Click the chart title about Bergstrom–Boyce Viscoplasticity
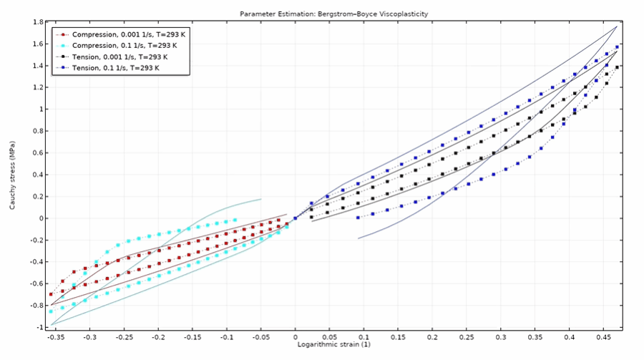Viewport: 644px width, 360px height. pos(333,14)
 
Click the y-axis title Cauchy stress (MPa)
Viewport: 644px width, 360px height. pos(12,175)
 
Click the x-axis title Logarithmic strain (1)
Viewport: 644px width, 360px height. pos(334,344)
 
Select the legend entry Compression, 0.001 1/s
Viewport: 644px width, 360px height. pos(129,34)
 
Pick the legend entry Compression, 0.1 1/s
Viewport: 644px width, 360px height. pos(125,46)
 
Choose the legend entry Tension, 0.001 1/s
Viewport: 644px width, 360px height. pos(120,57)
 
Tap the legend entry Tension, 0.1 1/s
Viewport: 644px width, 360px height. pos(115,68)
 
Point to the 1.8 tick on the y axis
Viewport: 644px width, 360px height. pos(38,22)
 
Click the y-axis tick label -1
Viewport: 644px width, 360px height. pos(40,328)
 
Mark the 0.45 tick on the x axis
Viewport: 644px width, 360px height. pos(603,337)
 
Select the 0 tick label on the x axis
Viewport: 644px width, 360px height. pos(296,337)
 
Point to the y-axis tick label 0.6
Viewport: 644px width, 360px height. pos(38,153)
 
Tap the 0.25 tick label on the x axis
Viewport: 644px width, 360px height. pos(466,337)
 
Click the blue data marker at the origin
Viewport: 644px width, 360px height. pos(296,218)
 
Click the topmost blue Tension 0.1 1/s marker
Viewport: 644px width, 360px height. pos(617,47)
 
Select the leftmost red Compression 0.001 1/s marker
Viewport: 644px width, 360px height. pos(51,294)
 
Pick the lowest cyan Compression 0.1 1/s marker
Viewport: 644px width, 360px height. pos(51,311)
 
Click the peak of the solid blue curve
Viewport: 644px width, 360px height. pos(617,26)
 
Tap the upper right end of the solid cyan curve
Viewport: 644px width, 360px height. pos(260,199)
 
